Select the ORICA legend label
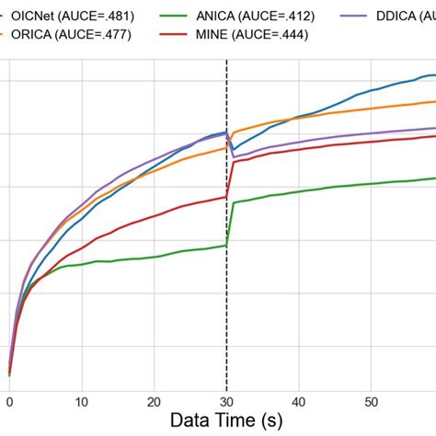tap(69, 36)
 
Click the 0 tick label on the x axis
tap(9, 401)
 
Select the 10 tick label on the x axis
tap(81, 401)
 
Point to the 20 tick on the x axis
tap(154, 401)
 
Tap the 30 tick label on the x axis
tap(226, 401)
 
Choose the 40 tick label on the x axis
tap(299, 401)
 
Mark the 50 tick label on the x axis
tap(372, 401)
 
